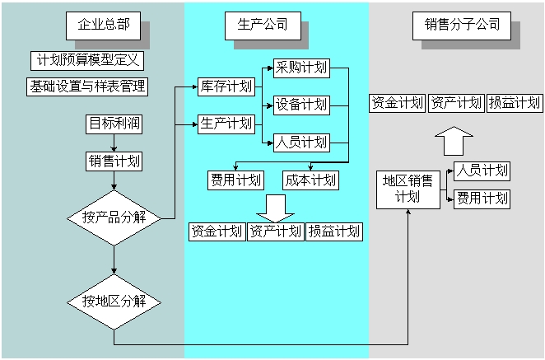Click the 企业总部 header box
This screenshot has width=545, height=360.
[104, 25]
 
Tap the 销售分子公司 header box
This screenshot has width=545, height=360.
[456, 25]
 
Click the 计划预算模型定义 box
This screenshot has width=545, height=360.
[87, 61]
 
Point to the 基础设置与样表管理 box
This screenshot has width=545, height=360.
[87, 86]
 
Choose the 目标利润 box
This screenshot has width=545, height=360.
[114, 124]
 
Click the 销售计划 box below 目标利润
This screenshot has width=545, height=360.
[114, 161]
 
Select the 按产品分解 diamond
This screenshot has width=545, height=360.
[114, 217]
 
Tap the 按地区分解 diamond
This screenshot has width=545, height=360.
[114, 300]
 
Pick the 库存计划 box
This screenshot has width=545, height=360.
[225, 86]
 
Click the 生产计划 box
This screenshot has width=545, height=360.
[225, 124]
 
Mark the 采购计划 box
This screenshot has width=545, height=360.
[301, 68]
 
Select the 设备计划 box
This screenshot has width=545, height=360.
[301, 105]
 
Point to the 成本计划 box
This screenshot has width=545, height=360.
[310, 180]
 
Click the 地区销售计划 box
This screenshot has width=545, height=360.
[408, 189]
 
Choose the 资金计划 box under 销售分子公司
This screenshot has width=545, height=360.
[397, 103]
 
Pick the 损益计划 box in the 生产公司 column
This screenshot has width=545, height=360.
[334, 231]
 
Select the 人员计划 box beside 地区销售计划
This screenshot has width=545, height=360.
[482, 171]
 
